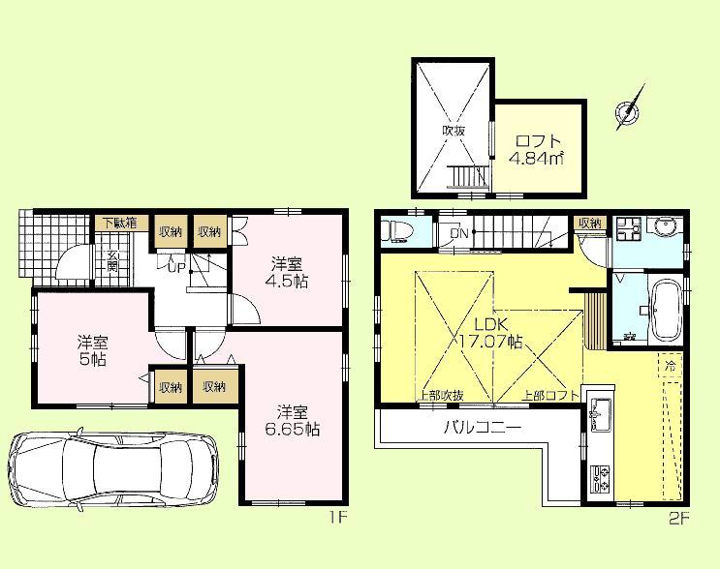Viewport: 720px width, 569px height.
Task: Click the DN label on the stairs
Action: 458,232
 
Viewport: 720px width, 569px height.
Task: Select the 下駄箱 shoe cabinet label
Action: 119,224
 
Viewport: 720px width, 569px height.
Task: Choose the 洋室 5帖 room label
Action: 92,348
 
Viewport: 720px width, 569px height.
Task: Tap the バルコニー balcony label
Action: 483,427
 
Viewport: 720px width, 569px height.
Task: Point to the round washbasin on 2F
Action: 665,229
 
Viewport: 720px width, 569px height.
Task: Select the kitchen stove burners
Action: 599,478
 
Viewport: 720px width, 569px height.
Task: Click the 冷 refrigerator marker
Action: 670,367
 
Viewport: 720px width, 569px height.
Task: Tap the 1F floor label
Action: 336,518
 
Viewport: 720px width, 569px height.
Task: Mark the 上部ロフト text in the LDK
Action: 550,395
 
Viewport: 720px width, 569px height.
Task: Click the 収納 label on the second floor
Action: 590,224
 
